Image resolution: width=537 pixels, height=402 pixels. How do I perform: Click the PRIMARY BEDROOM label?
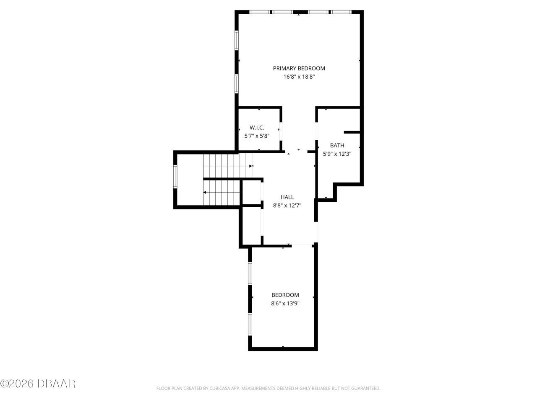point(299,68)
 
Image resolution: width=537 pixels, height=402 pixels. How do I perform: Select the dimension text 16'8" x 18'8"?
point(299,77)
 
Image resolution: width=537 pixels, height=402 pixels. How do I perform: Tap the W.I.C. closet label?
point(257,127)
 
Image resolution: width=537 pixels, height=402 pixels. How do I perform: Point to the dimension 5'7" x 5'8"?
point(257,136)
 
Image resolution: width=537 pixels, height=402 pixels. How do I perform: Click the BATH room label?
point(337,145)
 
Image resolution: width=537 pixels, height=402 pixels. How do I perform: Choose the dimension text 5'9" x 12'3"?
point(337,154)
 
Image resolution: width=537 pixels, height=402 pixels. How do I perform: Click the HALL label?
point(287,197)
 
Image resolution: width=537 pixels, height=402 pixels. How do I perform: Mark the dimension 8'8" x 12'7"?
point(287,205)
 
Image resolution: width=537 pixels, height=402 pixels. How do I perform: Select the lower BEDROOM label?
point(285,295)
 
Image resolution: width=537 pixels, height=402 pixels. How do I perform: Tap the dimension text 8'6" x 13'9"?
point(285,303)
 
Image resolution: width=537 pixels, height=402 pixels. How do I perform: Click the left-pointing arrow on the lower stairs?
point(205,193)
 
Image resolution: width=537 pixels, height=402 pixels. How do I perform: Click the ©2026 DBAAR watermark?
point(38,383)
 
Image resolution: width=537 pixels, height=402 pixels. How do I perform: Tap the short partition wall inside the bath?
point(352,132)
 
